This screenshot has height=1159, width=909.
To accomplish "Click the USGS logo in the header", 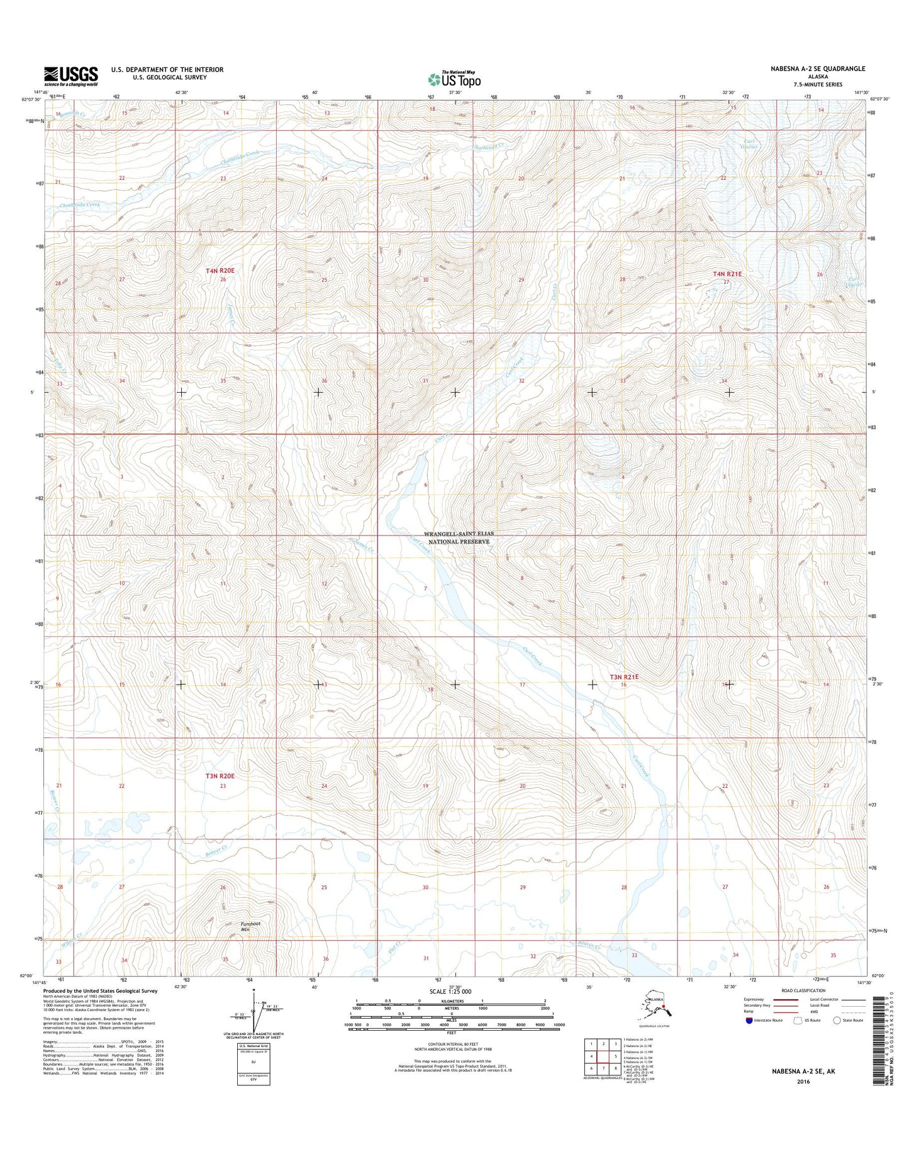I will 70,76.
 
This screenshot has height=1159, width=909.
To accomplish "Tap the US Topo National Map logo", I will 454,79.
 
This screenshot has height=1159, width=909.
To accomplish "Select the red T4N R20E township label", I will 220,271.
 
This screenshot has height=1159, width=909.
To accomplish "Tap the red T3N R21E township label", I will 623,677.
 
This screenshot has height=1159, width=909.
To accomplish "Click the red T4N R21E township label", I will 727,274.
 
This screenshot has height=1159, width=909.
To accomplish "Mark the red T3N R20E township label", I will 220,776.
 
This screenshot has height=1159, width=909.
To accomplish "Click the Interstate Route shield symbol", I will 749,1020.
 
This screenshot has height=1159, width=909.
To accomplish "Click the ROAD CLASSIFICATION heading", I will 803,990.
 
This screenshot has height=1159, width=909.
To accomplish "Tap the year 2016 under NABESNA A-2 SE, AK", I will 803,1082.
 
